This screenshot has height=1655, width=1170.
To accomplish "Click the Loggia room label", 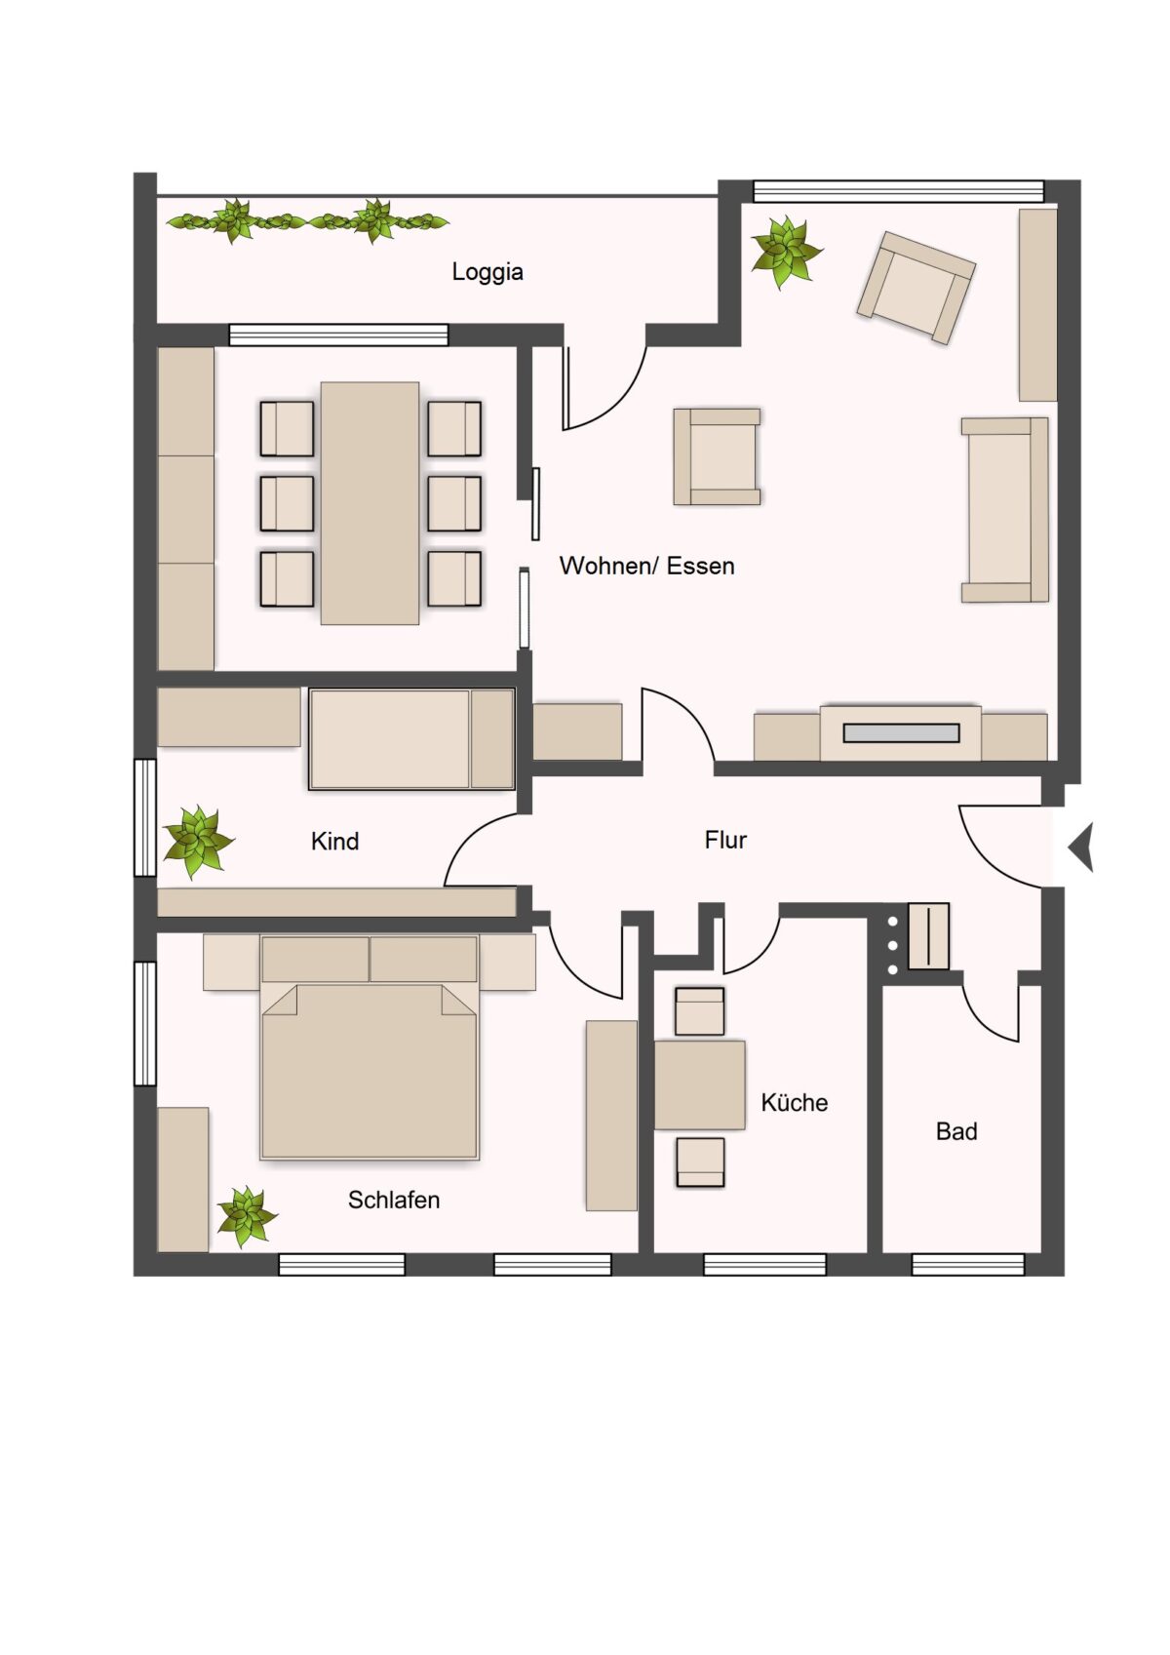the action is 487,272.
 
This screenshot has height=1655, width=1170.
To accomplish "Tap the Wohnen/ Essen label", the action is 647,566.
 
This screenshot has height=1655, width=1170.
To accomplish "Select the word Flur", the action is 725,840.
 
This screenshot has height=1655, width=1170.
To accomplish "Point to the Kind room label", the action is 334,841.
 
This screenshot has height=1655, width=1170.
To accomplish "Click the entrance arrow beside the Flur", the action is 1080,847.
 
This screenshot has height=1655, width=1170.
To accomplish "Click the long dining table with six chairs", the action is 370,502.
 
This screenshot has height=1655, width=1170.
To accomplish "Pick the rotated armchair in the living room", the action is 916,288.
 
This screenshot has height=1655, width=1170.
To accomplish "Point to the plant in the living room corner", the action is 786,252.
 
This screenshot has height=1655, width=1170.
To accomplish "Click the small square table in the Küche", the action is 699,1084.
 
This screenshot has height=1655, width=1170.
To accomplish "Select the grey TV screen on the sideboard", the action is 901,733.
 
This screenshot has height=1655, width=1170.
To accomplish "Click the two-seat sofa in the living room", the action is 1004,510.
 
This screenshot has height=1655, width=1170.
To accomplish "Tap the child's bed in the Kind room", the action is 411,739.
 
